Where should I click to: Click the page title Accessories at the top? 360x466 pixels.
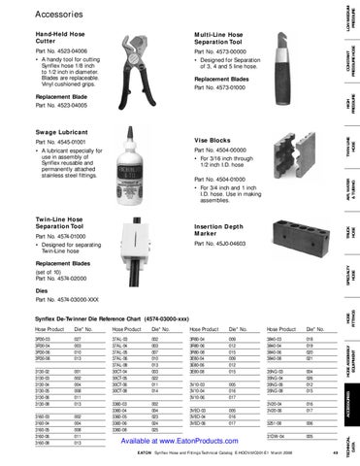tap(61, 14)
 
